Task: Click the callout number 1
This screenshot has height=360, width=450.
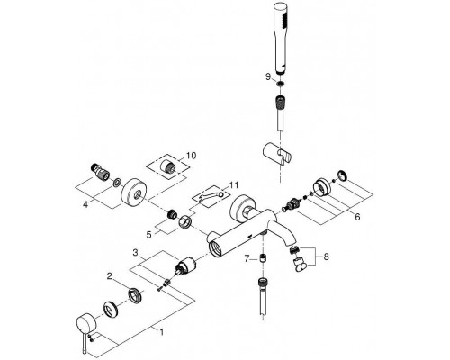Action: click(x=161, y=332)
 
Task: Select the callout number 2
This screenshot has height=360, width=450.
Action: click(x=110, y=276)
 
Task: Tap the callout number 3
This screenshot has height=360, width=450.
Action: click(x=135, y=253)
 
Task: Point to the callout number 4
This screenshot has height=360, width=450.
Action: click(x=85, y=204)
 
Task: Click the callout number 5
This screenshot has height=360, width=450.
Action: click(x=149, y=235)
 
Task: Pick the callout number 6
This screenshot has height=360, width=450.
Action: click(x=357, y=216)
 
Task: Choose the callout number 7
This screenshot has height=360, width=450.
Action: click(x=247, y=258)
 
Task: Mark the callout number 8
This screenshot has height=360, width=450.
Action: click(x=326, y=256)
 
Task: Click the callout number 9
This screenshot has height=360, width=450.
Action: click(x=268, y=77)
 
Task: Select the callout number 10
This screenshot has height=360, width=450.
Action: click(x=191, y=156)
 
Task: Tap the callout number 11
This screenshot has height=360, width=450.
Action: click(x=234, y=185)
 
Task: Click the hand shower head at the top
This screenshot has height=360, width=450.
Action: click(x=281, y=39)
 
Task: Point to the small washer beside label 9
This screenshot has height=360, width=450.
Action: click(x=280, y=84)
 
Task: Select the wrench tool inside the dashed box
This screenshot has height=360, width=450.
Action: click(x=212, y=196)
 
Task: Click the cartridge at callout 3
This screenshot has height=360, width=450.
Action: click(x=184, y=265)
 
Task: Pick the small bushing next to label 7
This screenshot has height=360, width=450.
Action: click(x=263, y=258)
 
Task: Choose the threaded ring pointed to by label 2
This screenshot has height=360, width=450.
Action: click(x=135, y=293)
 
